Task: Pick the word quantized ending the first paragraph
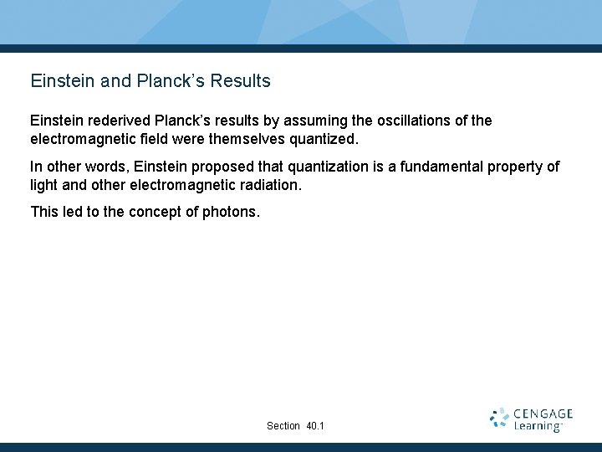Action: tap(324, 137)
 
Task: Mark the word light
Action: tap(43, 183)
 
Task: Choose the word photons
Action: tap(231, 212)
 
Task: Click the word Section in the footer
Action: tap(283, 426)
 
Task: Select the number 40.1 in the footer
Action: tap(315, 426)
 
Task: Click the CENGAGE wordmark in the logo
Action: tap(543, 413)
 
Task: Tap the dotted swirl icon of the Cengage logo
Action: tap(499, 419)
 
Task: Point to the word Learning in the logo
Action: tap(537, 426)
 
